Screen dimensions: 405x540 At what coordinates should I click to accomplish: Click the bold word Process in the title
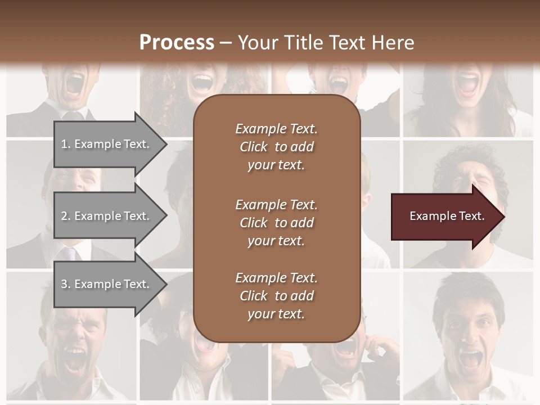[177, 43]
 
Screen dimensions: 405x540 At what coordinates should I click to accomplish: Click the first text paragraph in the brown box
[276, 147]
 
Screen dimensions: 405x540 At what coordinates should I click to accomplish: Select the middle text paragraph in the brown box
[276, 223]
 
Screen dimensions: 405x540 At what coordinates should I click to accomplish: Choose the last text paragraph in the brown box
[276, 296]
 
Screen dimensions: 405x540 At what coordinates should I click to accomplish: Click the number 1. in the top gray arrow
[66, 144]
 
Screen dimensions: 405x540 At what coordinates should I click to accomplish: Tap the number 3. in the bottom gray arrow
[66, 284]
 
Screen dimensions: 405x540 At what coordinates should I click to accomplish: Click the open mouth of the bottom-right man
[470, 360]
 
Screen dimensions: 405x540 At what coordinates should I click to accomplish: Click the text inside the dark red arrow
[447, 216]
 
